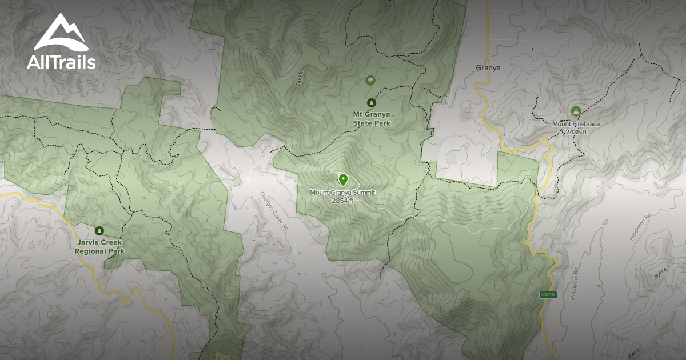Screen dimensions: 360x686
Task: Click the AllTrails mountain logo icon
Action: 61,33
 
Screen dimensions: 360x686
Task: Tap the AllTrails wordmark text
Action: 61,62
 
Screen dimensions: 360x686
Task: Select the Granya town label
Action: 488,67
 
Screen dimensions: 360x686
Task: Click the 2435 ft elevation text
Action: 576,132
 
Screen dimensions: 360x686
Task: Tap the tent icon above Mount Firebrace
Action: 575,111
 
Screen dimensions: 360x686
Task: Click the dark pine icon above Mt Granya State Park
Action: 371,102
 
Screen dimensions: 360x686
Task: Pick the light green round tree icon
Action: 370,81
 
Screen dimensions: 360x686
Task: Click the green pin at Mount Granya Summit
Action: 343,180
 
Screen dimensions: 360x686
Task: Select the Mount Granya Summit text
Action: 342,193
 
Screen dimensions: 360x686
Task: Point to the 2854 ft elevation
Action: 342,200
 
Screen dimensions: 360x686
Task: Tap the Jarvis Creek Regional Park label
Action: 99,246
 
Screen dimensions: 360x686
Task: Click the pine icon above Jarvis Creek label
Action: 100,231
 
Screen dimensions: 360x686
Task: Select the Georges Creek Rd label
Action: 275,211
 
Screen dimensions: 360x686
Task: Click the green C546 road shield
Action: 547,295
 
